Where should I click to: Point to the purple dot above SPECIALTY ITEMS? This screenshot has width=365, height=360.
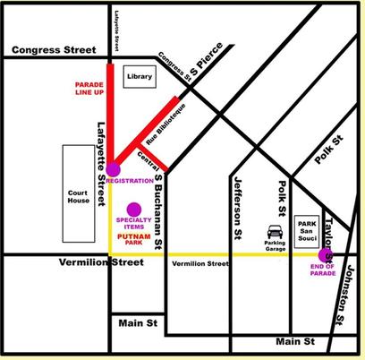[133, 210]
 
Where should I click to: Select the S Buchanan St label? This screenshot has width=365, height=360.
[158, 210]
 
